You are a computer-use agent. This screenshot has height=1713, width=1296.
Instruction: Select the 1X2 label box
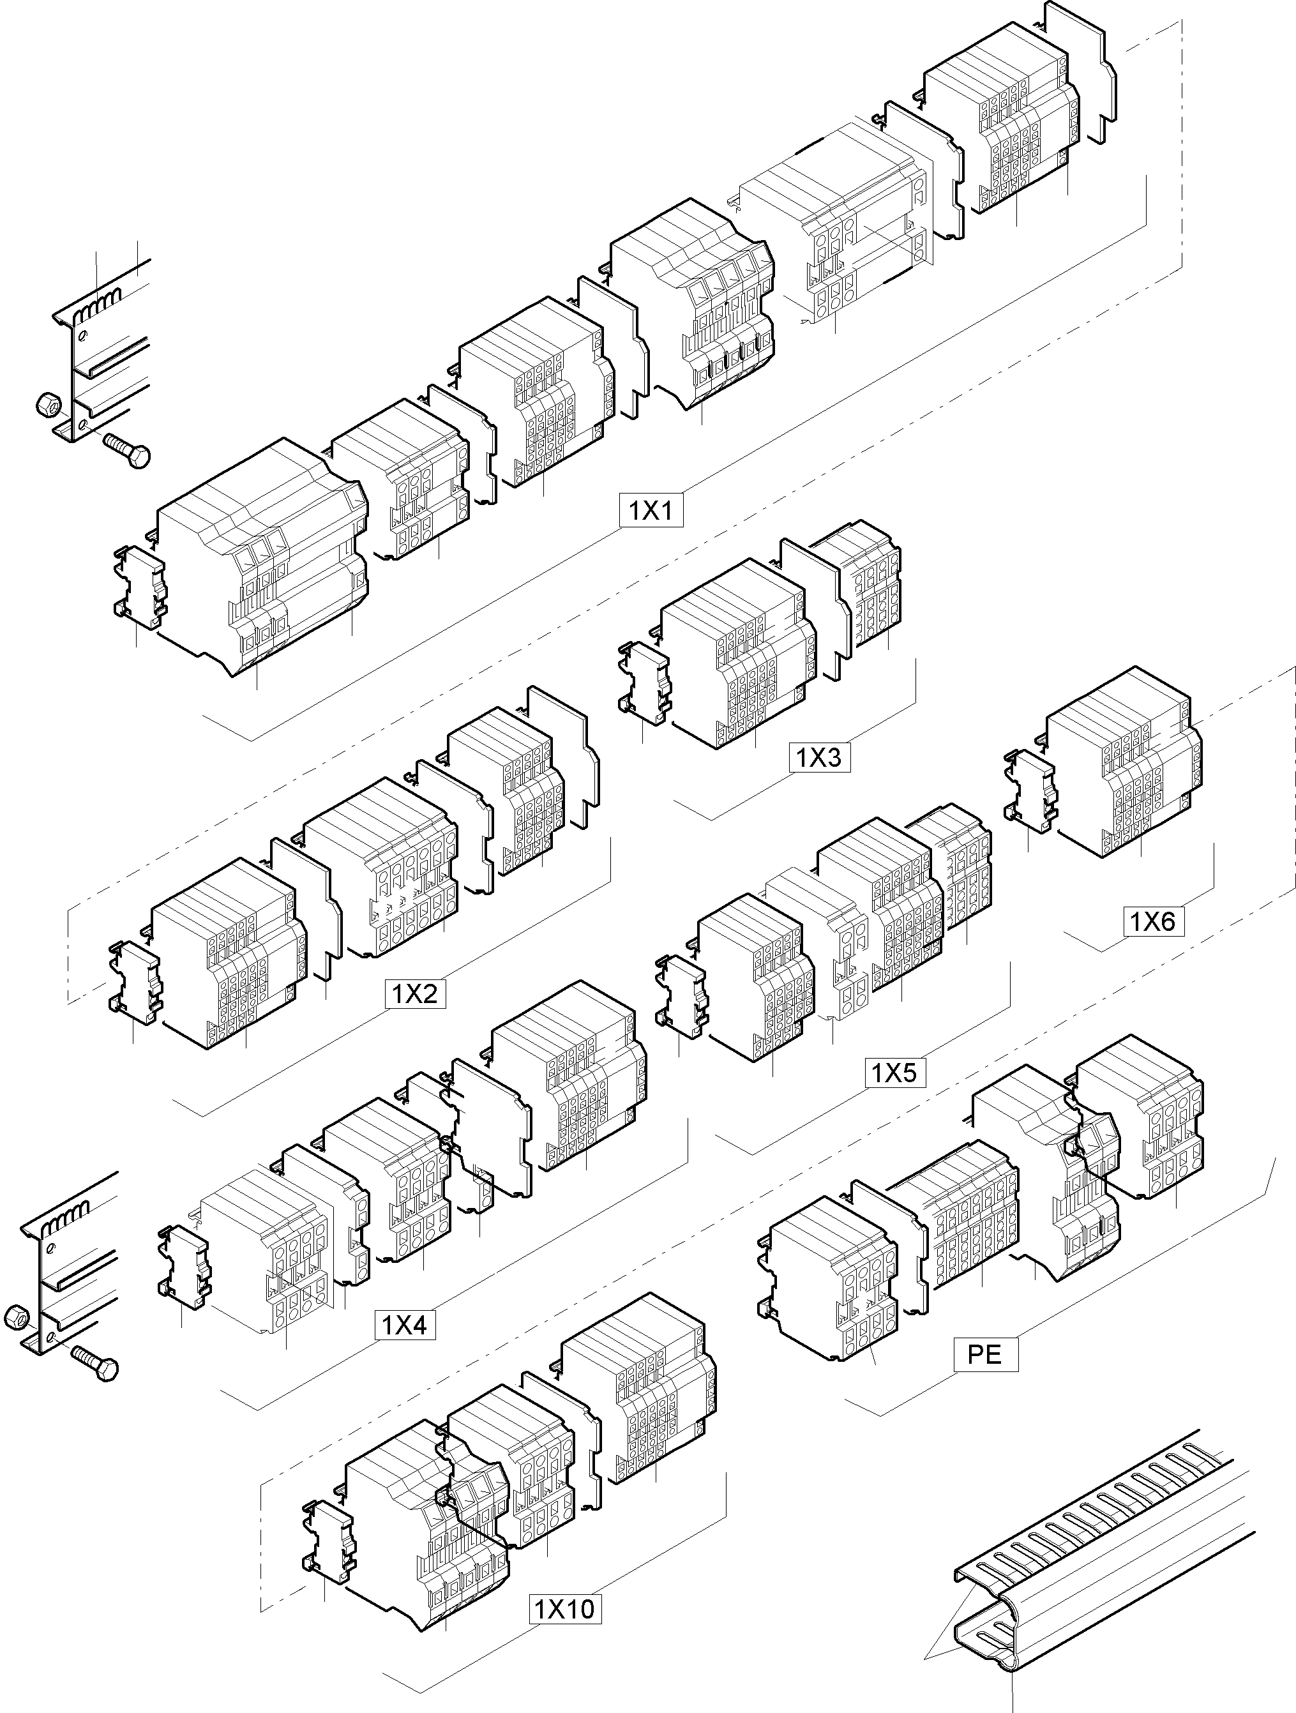pyautogui.click(x=415, y=994)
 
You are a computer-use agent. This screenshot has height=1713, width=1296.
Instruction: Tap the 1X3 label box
pyautogui.click(x=819, y=757)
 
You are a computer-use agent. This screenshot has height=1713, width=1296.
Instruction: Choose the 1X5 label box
pyautogui.click(x=894, y=1073)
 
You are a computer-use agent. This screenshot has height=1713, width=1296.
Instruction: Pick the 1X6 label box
pyautogui.click(x=1153, y=921)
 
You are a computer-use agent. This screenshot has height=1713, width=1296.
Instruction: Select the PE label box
pyautogui.click(x=985, y=1354)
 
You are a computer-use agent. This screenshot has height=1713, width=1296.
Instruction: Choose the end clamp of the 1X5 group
pyautogui.click(x=681, y=1000)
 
